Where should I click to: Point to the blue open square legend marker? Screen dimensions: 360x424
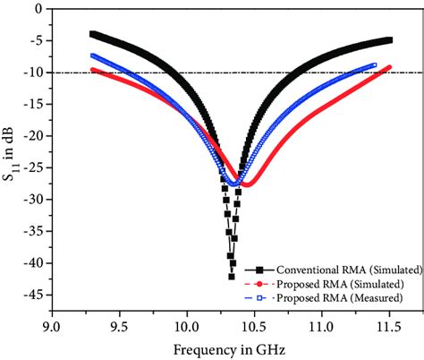(x=260, y=296)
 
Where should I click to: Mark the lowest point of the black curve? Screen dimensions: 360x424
(x=231, y=277)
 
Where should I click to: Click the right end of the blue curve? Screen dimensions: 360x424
(x=374, y=64)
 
